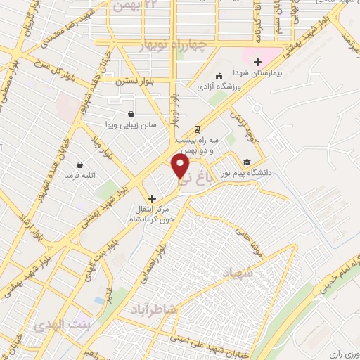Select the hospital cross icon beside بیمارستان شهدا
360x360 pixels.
(258, 62)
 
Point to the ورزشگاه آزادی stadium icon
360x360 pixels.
(219, 75)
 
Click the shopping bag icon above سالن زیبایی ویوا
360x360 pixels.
(131, 114)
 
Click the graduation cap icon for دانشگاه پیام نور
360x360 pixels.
(246, 160)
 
